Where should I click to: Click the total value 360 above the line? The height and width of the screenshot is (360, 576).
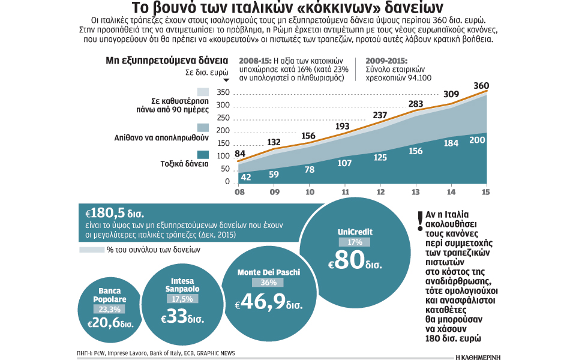[x=481, y=85]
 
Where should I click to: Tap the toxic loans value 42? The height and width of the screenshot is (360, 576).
[x=245, y=177]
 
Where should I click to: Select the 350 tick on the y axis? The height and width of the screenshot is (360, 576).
[x=223, y=92]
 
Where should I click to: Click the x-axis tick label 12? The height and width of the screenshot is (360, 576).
[x=380, y=192]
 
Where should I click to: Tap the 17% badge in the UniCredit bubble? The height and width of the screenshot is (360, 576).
[x=355, y=242]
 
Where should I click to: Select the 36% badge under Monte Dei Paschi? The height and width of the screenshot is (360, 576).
[x=268, y=283]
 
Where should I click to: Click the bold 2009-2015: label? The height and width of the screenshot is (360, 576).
[x=385, y=61]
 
